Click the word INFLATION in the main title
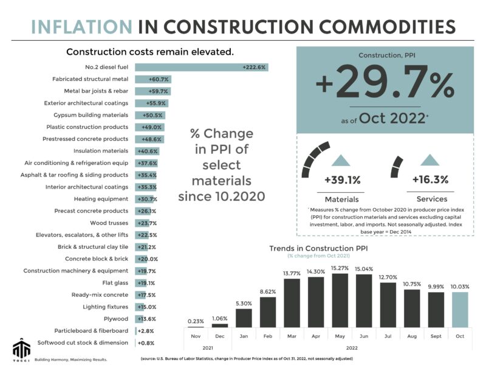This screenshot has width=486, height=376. [81, 27]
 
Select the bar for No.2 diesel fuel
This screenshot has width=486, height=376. [201, 66]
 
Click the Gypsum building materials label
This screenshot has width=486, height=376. [91, 115]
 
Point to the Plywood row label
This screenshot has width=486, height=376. [116, 318]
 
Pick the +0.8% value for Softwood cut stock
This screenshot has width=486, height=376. [146, 343]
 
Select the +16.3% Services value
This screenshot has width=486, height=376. [430, 179]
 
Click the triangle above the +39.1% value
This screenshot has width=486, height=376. [341, 160]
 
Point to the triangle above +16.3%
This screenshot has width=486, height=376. [430, 160]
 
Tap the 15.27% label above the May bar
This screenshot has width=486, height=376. [340, 268]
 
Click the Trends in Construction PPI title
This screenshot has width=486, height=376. [318, 248]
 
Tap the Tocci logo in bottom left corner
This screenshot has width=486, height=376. [20, 350]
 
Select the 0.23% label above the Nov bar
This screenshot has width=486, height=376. [196, 321]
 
